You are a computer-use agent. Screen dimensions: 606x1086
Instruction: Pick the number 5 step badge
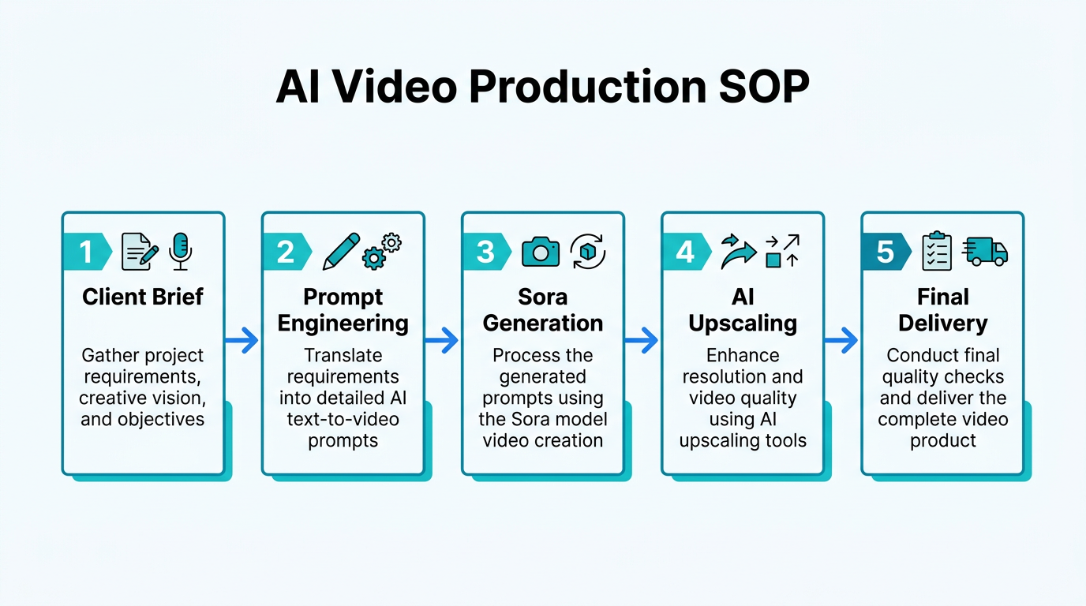885,252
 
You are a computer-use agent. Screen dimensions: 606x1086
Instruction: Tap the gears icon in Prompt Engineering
381,251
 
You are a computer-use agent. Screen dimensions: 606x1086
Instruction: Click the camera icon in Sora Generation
541,252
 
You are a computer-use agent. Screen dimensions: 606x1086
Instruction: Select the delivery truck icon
986,251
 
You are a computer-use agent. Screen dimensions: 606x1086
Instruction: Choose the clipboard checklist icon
938,251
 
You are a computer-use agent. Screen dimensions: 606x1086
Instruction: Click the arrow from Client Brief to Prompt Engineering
242,341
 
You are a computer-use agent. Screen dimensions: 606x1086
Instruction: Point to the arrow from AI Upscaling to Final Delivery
841,341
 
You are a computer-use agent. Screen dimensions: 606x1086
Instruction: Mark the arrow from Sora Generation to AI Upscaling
642,341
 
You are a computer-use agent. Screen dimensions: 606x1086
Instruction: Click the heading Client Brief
143,297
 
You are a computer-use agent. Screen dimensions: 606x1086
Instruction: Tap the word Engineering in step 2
343,324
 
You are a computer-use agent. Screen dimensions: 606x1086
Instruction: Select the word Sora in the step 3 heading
543,297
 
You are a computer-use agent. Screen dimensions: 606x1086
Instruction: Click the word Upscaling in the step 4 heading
743,324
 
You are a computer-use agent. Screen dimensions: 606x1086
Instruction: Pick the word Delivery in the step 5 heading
942,324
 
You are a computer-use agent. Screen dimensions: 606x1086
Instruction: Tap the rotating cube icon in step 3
587,251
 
